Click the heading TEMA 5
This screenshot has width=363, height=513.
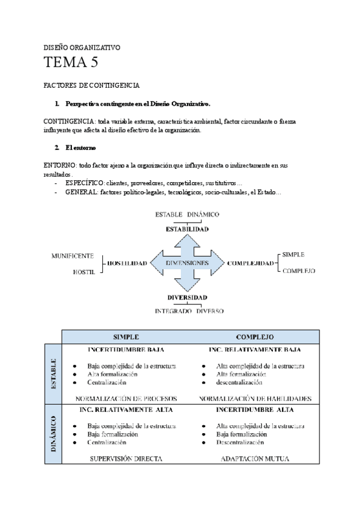[x=71, y=62]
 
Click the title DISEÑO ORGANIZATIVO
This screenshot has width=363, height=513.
[x=82, y=47]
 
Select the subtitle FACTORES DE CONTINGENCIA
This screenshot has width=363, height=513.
[x=92, y=85]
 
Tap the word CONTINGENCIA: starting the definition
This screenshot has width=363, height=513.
[x=70, y=122]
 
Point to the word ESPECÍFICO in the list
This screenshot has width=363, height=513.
[x=85, y=183]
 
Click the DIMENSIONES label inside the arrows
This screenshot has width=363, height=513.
[x=188, y=263]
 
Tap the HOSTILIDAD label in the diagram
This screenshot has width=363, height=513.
[x=127, y=264]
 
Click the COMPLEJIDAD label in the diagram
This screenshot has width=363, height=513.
[x=249, y=264]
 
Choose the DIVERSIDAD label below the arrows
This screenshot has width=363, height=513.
[x=188, y=298]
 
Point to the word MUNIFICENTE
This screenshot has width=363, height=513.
[x=73, y=256]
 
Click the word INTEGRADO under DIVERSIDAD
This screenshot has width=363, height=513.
[x=172, y=311]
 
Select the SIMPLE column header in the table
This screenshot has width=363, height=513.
[x=126, y=336]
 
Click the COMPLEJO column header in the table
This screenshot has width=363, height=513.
[x=255, y=336]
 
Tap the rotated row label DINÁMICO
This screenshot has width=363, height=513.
[x=53, y=434]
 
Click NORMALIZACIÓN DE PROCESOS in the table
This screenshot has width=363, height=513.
[x=126, y=399]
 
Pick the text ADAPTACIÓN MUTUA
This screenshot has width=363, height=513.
[x=255, y=459]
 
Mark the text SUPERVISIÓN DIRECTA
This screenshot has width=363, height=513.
[x=126, y=459]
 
